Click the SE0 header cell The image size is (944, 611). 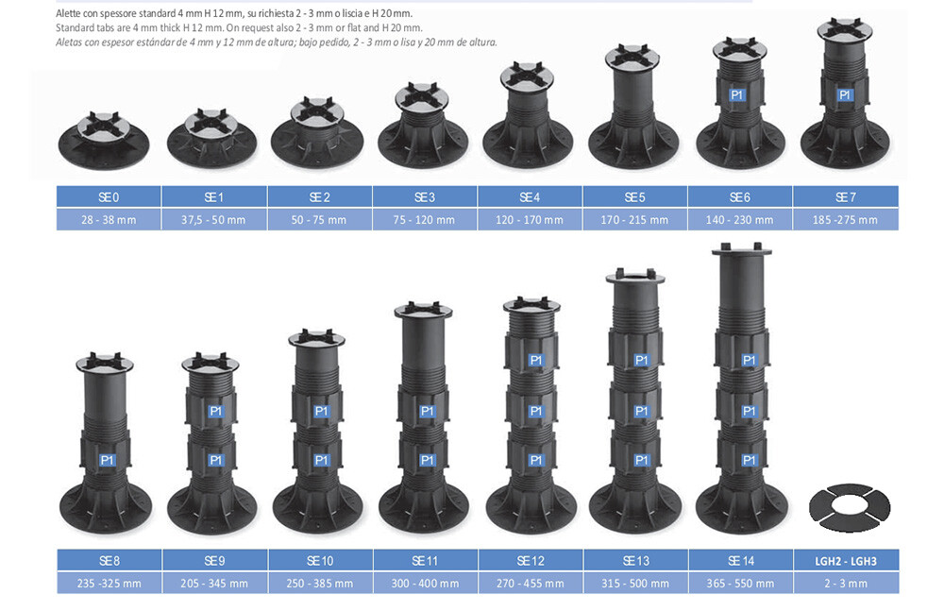click(109, 197)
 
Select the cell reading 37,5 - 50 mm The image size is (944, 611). click(213, 220)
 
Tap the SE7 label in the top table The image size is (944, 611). click(845, 197)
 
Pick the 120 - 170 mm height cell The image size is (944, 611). click(530, 220)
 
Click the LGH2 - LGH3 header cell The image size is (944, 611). click(846, 560)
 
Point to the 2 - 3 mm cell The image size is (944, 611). click(846, 584)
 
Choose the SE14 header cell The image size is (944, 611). click(740, 560)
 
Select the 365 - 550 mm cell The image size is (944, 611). click(740, 584)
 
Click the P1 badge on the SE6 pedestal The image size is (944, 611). click(737, 94)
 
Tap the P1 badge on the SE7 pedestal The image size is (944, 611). click(844, 94)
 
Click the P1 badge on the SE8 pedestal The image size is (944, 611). click(108, 460)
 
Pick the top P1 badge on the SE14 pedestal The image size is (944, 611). click(749, 360)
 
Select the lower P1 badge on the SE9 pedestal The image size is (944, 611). click(215, 460)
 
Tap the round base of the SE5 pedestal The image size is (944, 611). click(634, 147)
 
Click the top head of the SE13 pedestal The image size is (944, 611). click(635, 278)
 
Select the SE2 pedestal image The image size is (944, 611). click(317, 134)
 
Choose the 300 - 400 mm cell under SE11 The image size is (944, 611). click(425, 584)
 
